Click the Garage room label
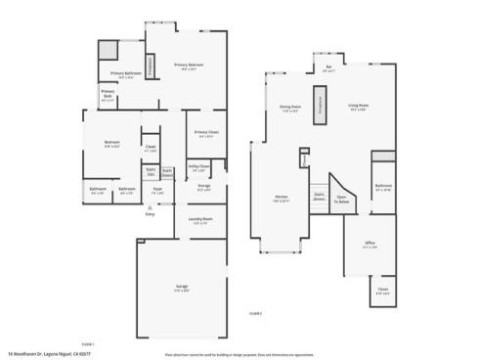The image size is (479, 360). pyautogui.click(x=182, y=288)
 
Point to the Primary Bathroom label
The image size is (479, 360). pyautogui.click(x=126, y=74)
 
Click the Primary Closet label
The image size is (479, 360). pyautogui.click(x=205, y=133)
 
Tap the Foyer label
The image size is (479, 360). pyautogui.click(x=156, y=192)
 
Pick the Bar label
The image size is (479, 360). pyautogui.click(x=328, y=68)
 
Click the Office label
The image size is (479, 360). pyautogui.click(x=370, y=245)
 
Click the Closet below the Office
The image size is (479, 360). pyautogui.click(x=382, y=291)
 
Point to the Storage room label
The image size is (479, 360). pyautogui.click(x=204, y=186)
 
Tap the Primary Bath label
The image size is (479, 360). pyautogui.click(x=108, y=96)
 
